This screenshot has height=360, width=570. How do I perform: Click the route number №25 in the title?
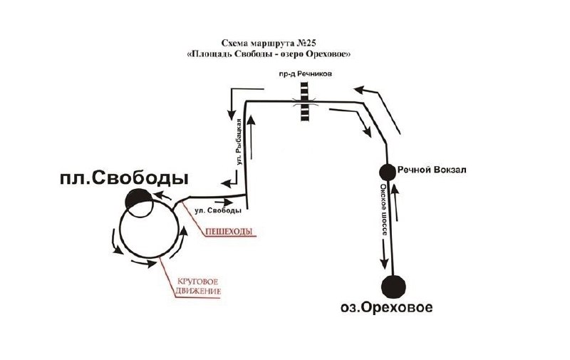306,43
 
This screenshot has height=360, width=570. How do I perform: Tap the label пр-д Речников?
304,74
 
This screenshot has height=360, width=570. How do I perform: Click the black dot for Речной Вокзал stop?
388,172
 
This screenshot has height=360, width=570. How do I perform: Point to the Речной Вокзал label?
432,170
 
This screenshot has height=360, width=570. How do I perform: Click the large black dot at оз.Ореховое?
394,286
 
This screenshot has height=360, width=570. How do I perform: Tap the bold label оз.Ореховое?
387,308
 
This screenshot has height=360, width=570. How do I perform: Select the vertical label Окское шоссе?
384,210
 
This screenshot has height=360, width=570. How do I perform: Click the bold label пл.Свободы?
124,178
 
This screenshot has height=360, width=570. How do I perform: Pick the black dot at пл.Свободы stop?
138,199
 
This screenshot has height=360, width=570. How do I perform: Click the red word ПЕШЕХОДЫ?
229,232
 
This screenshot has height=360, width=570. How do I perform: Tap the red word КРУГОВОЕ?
197,282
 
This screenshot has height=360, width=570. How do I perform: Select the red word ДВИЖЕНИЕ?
198,292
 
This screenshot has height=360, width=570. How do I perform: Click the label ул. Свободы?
218,210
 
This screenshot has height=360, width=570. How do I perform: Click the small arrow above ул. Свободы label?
225,202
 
